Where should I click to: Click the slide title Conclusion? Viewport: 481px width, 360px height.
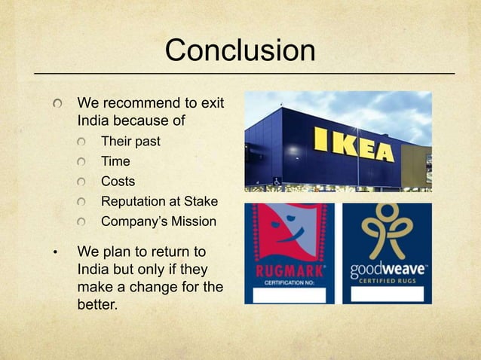coord(240,50)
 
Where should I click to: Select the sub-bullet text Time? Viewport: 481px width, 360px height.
coord(115,161)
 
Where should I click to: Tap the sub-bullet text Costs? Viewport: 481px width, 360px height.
coord(118,182)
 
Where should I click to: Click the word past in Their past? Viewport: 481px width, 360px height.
coord(147,142)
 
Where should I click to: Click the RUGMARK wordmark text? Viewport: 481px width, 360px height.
coord(289,270)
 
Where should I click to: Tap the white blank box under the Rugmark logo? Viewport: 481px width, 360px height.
coord(289,295)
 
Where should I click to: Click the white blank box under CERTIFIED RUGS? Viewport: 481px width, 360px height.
coord(388,294)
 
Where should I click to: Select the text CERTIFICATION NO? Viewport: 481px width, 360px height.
coord(289,282)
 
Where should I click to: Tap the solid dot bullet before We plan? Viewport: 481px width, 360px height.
coord(54,252)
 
